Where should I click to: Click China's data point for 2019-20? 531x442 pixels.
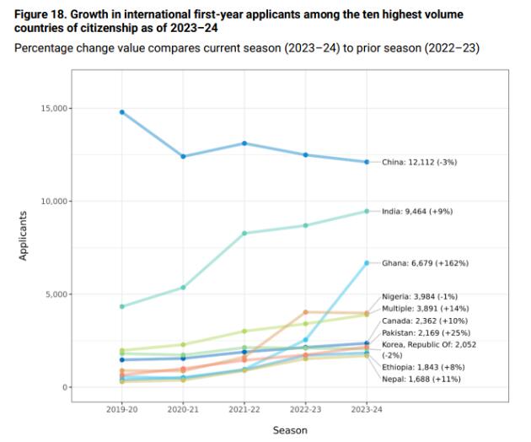point(122,112)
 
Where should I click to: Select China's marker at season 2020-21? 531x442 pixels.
point(183,156)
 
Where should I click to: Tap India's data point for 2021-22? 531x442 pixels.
point(244,233)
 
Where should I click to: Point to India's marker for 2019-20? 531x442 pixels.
point(122,306)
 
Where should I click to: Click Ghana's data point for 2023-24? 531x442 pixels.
point(367,263)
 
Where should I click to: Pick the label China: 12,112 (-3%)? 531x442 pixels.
point(426,162)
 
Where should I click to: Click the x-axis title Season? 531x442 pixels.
point(290,430)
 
